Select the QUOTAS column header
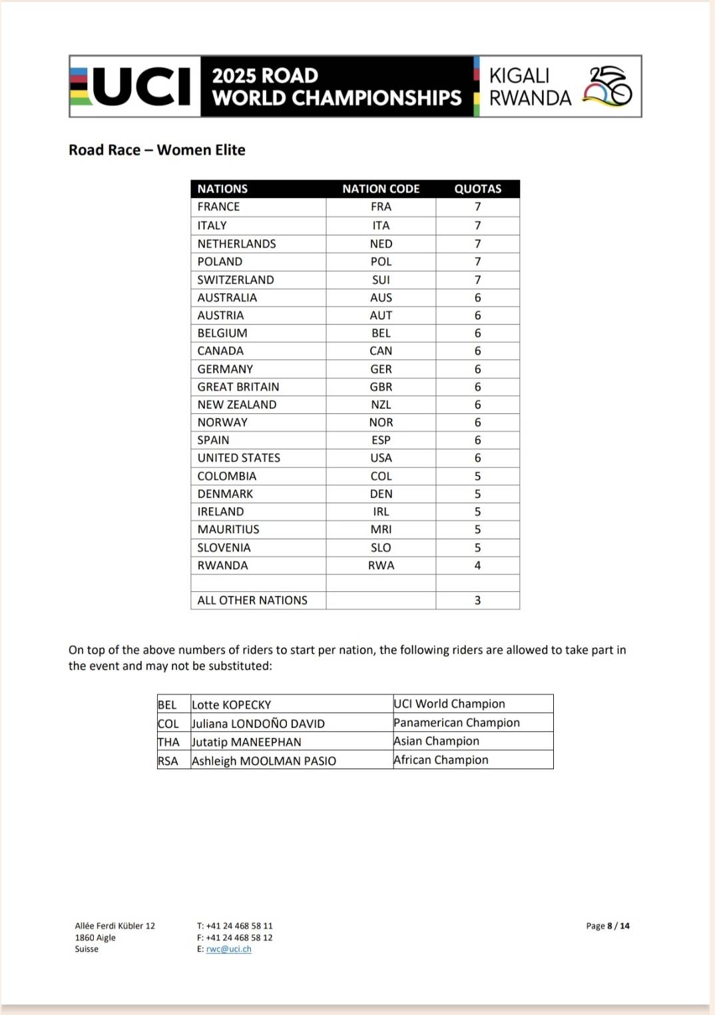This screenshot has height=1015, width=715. pos(477,189)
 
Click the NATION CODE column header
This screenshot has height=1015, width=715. pos(381,189)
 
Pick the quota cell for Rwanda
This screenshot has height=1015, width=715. pos(477,565)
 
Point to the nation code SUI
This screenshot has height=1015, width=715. pos(381,280)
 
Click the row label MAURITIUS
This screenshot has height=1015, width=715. pos(228,529)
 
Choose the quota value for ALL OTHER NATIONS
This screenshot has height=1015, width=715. pos(477,600)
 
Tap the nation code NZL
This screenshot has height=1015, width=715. pos(381,405)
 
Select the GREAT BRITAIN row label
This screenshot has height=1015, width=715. pos(238,387)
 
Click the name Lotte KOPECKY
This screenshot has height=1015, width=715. pos(231,704)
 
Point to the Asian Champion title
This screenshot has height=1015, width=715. pos(436,741)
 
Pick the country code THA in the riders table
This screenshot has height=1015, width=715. pos(168,742)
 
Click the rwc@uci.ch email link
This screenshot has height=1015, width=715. pos(228,949)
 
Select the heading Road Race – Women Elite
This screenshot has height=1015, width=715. pos(157,150)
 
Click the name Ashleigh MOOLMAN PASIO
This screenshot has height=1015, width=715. pos(264,760)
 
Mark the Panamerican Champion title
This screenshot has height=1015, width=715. pos(457,722)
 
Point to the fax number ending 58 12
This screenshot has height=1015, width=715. pos(239,938)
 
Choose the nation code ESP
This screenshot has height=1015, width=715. pos(381,440)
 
